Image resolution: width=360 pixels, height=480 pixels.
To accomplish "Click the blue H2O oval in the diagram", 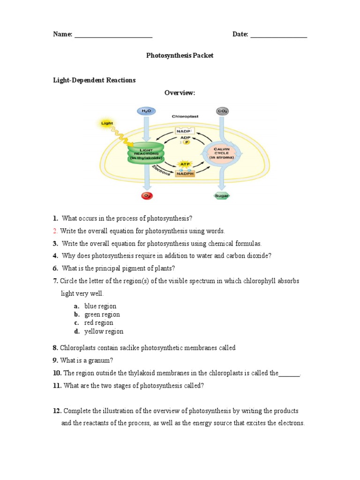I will point(145,111).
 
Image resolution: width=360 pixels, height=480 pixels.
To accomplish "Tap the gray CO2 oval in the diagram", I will point(222,111).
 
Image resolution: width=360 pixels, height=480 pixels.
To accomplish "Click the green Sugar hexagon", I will point(222,196).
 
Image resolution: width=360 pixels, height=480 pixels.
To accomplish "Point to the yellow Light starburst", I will point(107,124).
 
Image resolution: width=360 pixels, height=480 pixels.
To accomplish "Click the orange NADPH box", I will point(185,174).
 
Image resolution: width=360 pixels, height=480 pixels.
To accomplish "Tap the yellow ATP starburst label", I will point(185,164).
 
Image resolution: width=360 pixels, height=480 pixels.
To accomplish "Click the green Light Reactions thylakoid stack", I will point(146,153).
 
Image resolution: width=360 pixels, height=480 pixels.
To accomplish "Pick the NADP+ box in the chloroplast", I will point(185,131).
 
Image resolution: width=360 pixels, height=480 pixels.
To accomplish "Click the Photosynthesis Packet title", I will point(180,55).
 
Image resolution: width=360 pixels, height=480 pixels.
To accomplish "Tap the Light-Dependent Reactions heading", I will point(94,80).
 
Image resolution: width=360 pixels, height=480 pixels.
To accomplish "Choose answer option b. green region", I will point(102,315).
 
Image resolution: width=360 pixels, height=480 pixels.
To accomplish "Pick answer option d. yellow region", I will point(104,331).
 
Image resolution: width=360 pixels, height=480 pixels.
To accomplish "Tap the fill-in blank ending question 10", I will point(289,374).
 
